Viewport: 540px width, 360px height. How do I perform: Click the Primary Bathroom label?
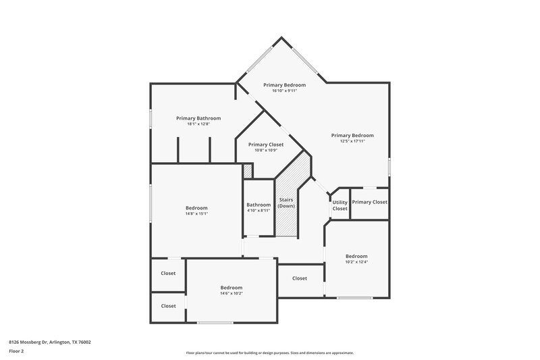(198, 118)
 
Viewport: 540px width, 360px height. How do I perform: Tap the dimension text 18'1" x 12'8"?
(198, 124)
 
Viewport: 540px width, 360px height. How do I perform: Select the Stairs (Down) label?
(286, 203)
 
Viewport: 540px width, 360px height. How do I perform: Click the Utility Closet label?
(340, 205)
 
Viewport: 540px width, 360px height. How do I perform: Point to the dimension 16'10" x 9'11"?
(284, 91)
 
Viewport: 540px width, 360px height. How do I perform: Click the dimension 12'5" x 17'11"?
(352, 141)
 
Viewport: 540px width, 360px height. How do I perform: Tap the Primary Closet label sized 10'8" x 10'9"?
(266, 145)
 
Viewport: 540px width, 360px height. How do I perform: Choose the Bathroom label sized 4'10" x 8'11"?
(259, 205)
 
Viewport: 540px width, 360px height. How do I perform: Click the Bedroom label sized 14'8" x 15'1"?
(196, 207)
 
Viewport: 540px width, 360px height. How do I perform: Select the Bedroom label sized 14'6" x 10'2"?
(231, 287)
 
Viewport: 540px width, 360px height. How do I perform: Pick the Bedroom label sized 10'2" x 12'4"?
(356, 256)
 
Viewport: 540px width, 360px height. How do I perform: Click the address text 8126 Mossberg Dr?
(50, 342)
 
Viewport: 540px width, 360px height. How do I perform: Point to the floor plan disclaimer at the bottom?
(270, 353)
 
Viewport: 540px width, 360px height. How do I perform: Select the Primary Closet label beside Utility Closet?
(370, 202)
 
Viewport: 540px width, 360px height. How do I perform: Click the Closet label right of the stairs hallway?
(300, 278)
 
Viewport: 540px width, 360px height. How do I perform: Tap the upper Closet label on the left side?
(168, 273)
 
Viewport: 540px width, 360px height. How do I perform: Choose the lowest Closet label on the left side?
(168, 306)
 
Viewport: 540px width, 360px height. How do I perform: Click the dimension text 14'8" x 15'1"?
(196, 213)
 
